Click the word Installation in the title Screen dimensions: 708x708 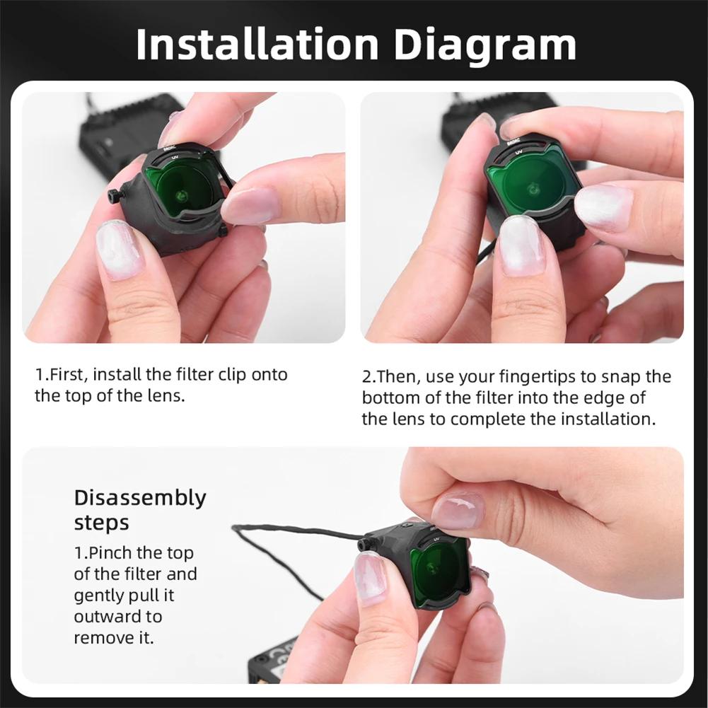pos(257,44)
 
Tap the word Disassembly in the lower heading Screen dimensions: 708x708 pos(140,498)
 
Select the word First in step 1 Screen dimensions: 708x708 pos(66,375)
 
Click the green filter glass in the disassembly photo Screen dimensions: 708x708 pos(437,569)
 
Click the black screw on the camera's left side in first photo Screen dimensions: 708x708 pos(115,195)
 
